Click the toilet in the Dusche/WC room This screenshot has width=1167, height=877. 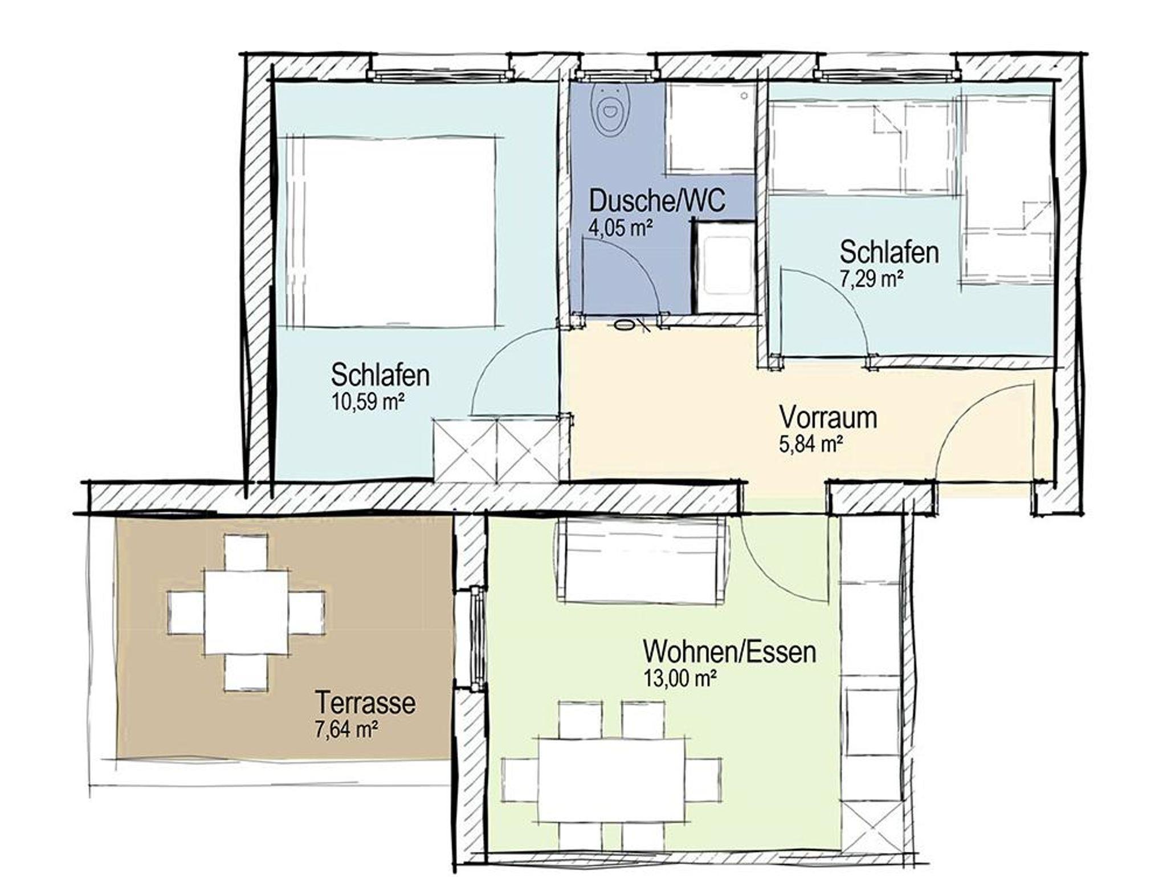click(x=610, y=111)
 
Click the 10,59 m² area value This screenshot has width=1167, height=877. click(x=368, y=402)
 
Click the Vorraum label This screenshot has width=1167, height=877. click(x=828, y=417)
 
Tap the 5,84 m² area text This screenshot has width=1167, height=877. click(x=811, y=444)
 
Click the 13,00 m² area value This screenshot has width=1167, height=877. click(x=679, y=679)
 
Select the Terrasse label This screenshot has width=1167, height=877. click(x=365, y=703)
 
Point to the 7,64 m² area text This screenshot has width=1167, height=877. click(x=348, y=729)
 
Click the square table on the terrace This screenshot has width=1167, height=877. click(x=246, y=612)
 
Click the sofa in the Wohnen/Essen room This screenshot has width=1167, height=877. click(x=643, y=561)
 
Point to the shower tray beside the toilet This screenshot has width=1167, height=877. click(x=710, y=128)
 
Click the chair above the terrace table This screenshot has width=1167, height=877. click(x=246, y=551)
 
